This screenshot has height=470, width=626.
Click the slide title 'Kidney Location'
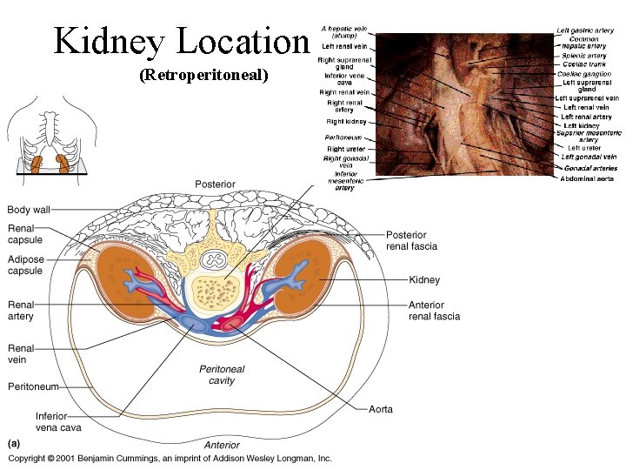181,41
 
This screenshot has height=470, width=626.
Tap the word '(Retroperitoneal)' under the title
204,76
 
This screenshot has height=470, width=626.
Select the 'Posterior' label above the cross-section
215,185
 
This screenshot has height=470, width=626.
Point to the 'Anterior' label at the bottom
222,446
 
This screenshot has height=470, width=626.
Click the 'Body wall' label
29,210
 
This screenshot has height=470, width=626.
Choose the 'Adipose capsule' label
25,265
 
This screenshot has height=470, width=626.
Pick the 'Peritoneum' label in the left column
34,386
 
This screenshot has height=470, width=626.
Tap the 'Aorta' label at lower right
381,409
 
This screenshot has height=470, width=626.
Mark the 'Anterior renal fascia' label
434,311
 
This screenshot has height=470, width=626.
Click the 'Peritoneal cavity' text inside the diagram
222,374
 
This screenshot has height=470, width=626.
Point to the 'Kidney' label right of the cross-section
424,280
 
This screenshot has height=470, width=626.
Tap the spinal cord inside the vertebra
213,259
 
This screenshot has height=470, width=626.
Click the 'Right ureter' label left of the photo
346,149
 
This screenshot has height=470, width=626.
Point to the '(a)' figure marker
15,444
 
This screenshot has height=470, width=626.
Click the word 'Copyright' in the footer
27,458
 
